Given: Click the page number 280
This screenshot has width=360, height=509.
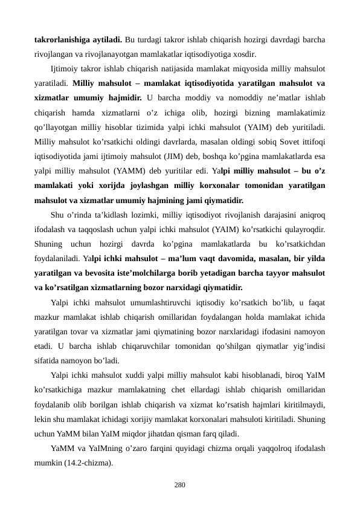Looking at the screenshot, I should [179, 485].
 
